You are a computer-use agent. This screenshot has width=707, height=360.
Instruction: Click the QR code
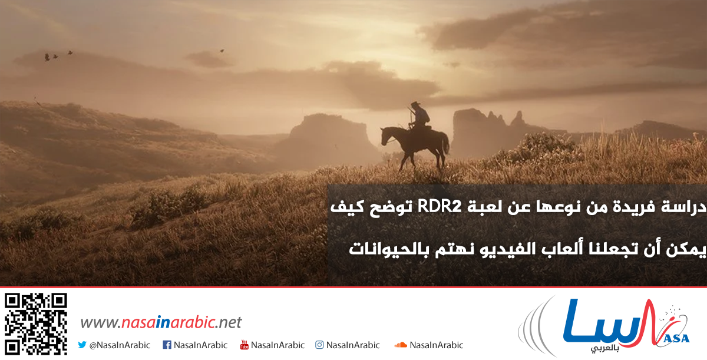(x=35, y=324)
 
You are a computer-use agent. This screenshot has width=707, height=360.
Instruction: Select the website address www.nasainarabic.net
(x=161, y=322)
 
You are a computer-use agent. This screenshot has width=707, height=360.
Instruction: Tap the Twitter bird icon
(x=82, y=345)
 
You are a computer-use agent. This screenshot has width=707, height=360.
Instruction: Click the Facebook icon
(x=167, y=345)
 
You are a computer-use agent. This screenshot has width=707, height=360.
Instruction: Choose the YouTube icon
(x=245, y=345)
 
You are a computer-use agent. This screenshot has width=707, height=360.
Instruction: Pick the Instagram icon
(x=319, y=345)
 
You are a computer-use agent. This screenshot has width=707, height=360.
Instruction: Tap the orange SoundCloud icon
(x=401, y=345)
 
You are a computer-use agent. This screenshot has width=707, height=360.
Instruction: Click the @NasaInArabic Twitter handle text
(x=120, y=345)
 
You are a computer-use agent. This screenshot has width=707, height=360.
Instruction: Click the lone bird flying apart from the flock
(x=222, y=51)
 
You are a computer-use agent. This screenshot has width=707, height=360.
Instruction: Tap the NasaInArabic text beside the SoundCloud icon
(x=437, y=345)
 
